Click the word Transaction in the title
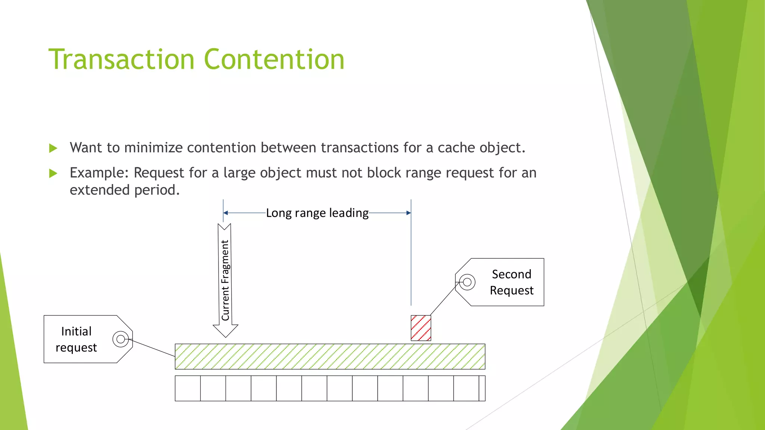coord(122,59)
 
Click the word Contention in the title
coord(274,59)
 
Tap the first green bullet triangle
coord(53,148)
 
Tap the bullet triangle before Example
coord(53,173)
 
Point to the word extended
coord(100,190)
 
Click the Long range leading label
coord(317,213)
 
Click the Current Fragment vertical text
coord(225,280)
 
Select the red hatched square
coord(421,328)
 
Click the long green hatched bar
coord(330,356)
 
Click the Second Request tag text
coord(511,282)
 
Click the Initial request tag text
coord(76,339)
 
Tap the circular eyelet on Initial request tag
coord(121,339)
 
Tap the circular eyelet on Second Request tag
coord(467,282)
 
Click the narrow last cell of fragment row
coord(482,388)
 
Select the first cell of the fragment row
coord(188,388)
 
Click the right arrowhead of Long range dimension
coord(408,213)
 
